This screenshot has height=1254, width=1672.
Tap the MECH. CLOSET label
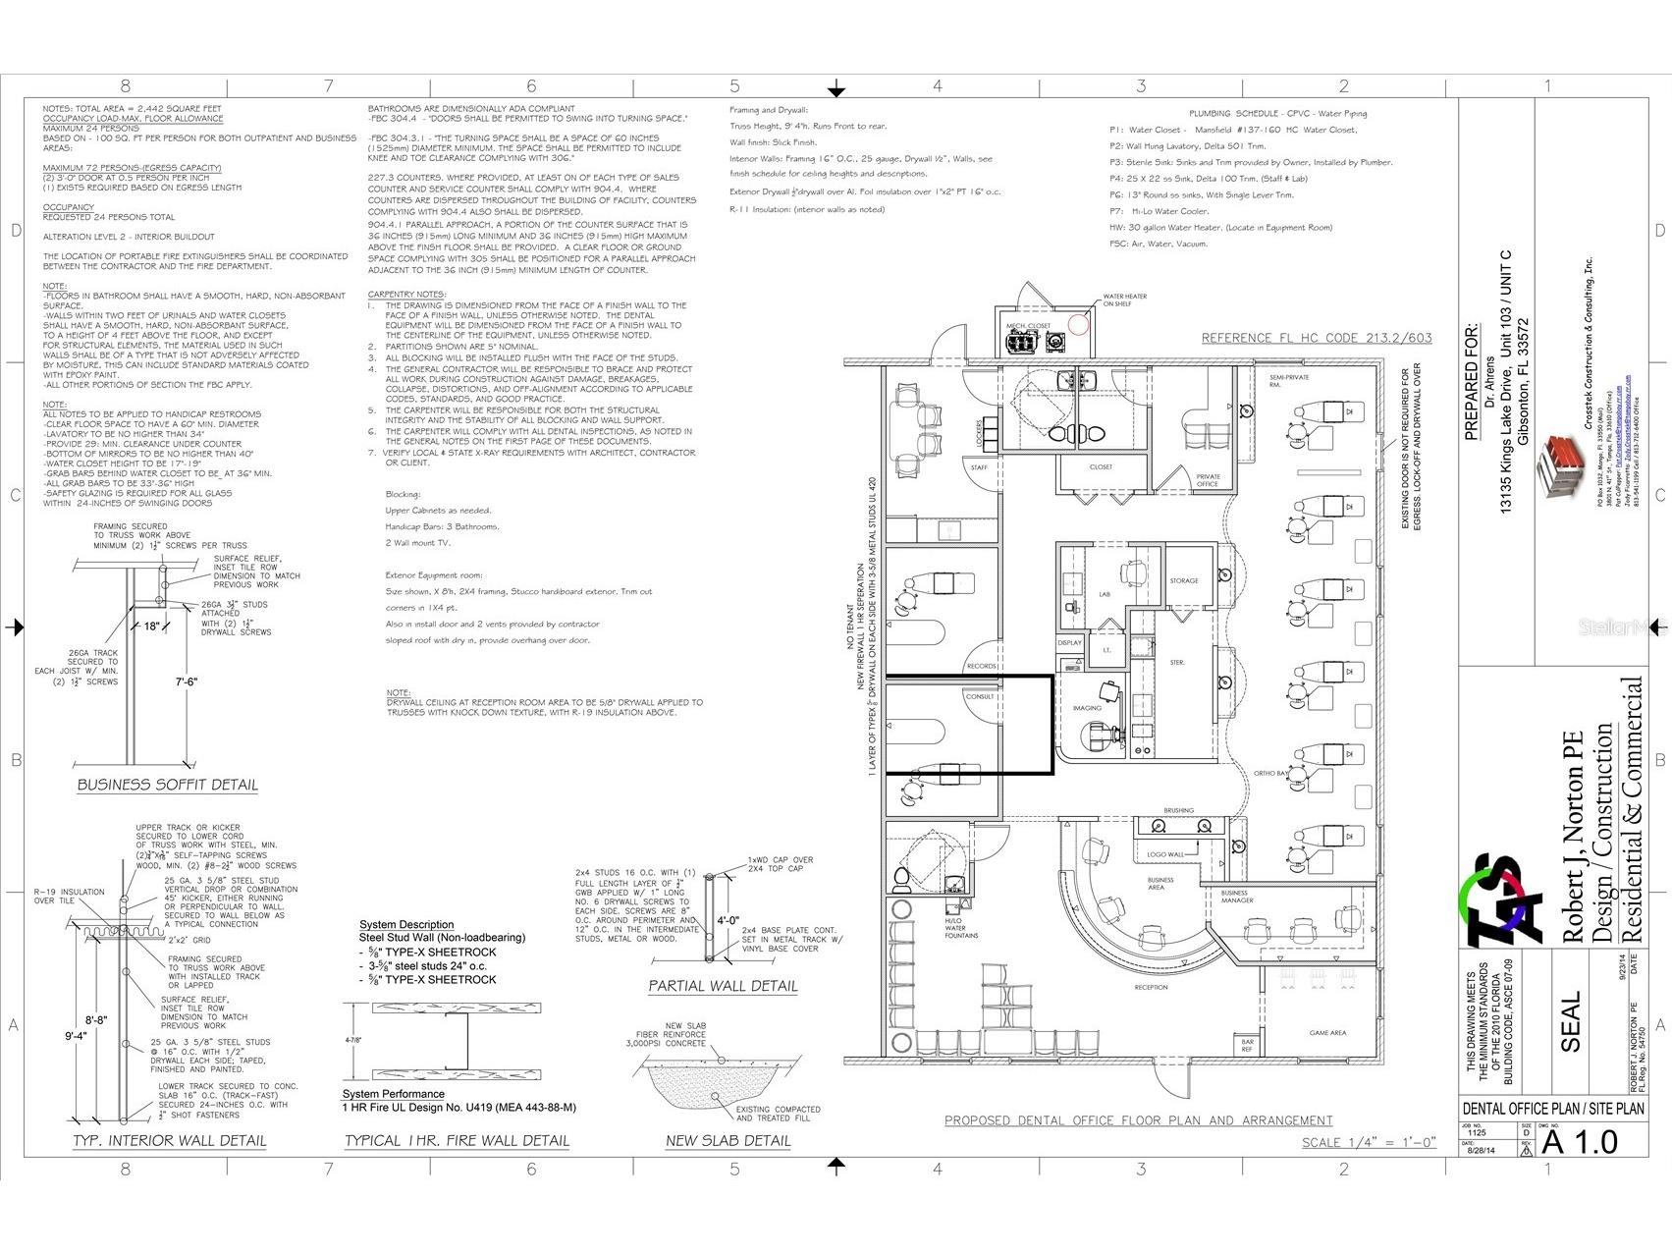pyautogui.click(x=1027, y=326)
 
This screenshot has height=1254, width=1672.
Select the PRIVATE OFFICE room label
pyautogui.click(x=1208, y=480)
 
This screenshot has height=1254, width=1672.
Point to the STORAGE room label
pyautogui.click(x=1184, y=580)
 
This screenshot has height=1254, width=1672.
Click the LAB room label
pyautogui.click(x=1104, y=594)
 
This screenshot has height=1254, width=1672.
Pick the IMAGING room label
pyautogui.click(x=1087, y=708)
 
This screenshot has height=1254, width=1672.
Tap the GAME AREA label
pyautogui.click(x=1327, y=1032)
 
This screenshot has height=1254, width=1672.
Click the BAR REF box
pyautogui.click(x=1248, y=1045)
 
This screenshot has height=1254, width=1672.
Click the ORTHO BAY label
pyautogui.click(x=1270, y=773)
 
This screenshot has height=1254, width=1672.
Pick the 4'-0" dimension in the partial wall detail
pyautogui.click(x=727, y=921)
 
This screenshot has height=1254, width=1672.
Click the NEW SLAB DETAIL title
pyautogui.click(x=728, y=1140)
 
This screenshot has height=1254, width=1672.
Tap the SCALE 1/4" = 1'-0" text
pyautogui.click(x=1369, y=1142)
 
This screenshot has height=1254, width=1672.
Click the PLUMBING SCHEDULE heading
pyautogui.click(x=1277, y=114)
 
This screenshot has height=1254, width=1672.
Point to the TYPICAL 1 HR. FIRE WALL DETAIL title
pyautogui.click(x=457, y=1140)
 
